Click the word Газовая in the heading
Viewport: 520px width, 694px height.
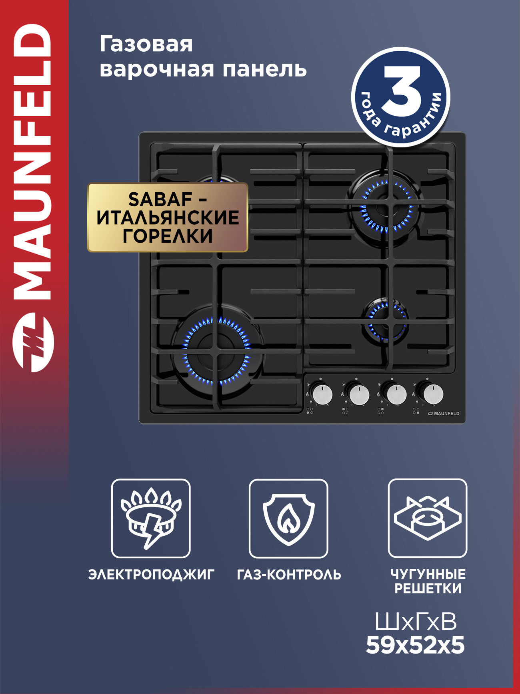(146, 44)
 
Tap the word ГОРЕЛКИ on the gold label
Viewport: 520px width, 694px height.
(168, 236)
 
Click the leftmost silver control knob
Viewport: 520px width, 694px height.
(322, 394)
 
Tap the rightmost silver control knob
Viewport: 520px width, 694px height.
(433, 394)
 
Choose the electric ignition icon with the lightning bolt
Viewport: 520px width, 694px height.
(151, 518)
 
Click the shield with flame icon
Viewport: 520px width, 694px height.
(288, 518)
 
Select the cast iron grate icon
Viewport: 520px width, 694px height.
(427, 518)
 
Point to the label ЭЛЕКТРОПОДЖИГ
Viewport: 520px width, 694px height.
(151, 575)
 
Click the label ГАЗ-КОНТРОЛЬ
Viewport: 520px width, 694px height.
(289, 575)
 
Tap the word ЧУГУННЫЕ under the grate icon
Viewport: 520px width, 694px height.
(428, 574)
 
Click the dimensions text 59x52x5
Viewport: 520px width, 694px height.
(415, 646)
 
